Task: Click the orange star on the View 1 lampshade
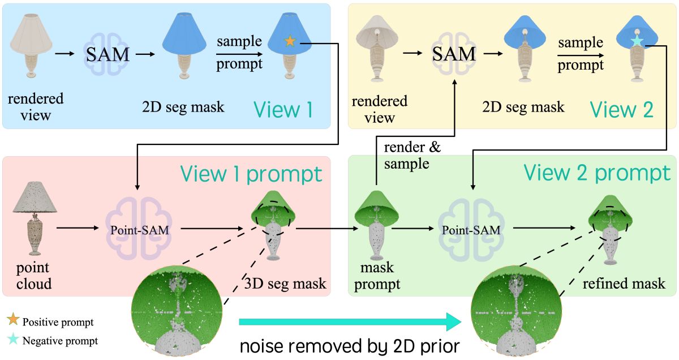coord(290,41)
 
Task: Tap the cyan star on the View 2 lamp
coord(637,41)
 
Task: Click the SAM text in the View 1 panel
coord(108,54)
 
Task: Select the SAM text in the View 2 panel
coord(454,54)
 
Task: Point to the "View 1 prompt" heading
coord(251,174)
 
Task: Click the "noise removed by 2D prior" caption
coord(347,344)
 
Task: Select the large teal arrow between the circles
coord(351,322)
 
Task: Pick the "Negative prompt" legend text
coord(60,341)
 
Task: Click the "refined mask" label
coord(624,283)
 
